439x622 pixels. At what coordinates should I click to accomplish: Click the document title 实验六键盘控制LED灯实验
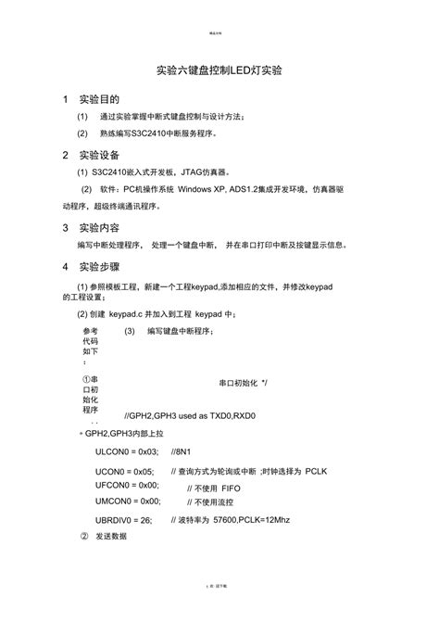point(219,70)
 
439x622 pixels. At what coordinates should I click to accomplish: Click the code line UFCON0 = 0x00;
point(128,485)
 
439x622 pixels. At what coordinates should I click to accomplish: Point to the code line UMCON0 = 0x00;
point(128,501)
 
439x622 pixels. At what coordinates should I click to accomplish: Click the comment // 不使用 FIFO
point(215,488)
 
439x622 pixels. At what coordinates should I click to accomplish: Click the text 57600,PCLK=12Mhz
point(251,520)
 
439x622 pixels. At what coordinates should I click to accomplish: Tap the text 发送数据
point(112,538)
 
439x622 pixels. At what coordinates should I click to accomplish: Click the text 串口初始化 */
point(243,382)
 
